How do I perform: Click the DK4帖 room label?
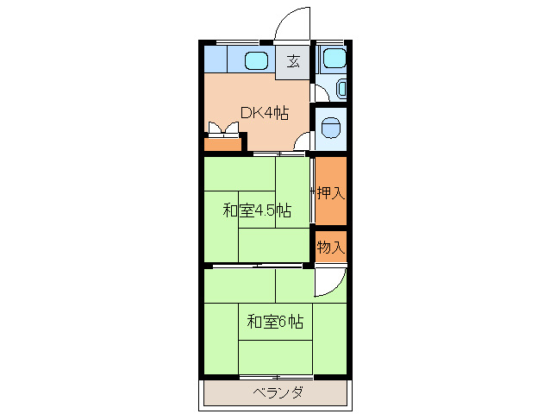click(x=264, y=114)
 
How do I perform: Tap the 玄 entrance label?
click(x=293, y=61)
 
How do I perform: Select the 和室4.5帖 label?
click(x=256, y=210)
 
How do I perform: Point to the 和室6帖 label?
click(x=275, y=322)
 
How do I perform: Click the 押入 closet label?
click(x=331, y=191)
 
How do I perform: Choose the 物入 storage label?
click(x=331, y=247)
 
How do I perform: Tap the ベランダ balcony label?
click(x=278, y=393)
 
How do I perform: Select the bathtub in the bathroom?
click(x=331, y=59)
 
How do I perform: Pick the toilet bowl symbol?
click(x=330, y=129)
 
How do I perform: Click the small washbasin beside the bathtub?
click(x=342, y=87)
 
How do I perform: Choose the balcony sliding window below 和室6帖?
click(x=276, y=377)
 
